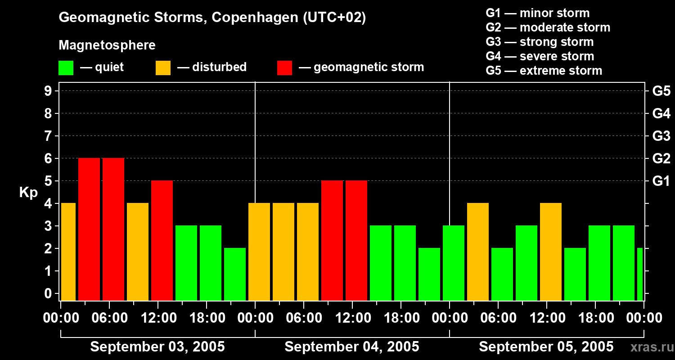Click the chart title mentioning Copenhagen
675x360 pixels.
coord(212,18)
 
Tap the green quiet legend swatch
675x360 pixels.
coord(66,68)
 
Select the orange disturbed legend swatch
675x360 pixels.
coord(163,68)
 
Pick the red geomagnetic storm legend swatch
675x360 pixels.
coord(284,68)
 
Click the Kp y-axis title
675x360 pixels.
coord(28,192)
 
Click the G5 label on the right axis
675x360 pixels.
coord(661,91)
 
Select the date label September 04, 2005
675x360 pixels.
coord(352,347)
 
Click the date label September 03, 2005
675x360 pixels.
coord(157,347)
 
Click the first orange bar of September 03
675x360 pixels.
coord(68,252)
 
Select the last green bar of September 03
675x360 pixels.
coord(235,274)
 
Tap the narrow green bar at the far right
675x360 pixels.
coord(640,274)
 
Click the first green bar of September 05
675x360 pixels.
coord(454,263)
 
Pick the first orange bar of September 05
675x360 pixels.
coord(478,252)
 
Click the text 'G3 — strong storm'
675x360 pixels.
coord(540,42)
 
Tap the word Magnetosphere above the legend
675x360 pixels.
coord(107,45)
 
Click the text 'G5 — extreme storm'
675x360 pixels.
coord(544,71)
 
